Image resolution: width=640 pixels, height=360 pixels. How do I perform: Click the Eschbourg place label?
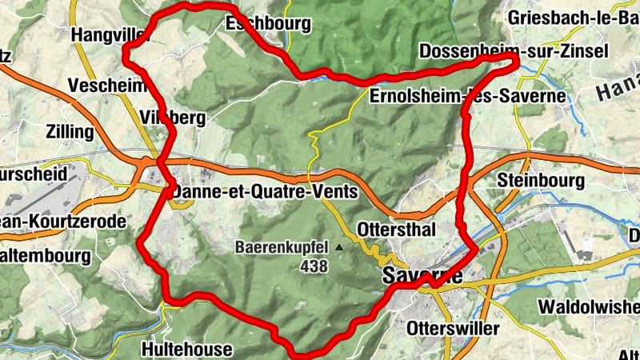[268, 24]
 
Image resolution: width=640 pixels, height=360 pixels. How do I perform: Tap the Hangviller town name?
[110, 35]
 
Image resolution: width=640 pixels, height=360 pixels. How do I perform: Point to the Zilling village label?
[70, 131]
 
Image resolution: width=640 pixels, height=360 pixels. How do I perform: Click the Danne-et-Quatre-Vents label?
[264, 193]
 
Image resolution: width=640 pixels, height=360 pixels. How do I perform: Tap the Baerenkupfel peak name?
[282, 248]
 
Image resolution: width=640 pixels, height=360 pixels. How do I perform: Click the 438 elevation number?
[315, 266]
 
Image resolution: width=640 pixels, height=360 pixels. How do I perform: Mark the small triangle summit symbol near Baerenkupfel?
[339, 248]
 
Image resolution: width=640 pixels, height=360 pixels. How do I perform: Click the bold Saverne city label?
[423, 277]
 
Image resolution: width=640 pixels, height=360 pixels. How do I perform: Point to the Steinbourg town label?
[541, 181]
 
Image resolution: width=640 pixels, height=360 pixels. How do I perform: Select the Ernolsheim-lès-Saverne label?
[468, 97]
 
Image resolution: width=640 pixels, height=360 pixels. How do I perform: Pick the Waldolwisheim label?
[588, 306]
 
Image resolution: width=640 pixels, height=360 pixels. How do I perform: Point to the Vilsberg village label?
[173, 119]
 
